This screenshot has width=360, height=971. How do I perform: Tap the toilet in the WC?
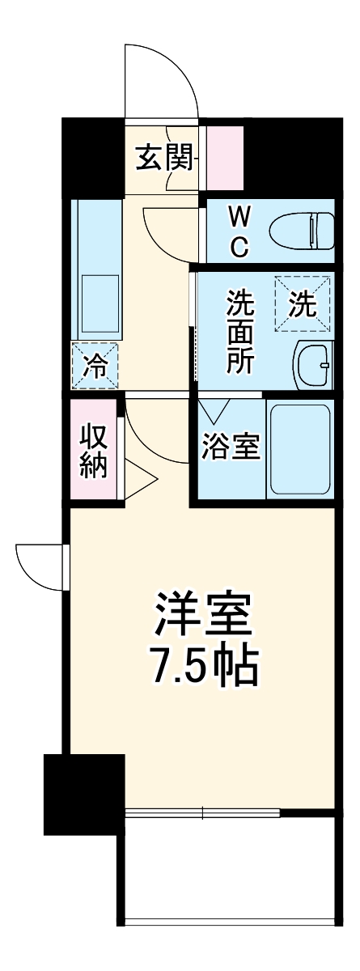click(x=299, y=230)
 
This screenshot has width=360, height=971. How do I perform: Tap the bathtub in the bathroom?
click(x=299, y=449)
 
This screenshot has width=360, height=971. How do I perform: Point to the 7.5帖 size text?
click(x=202, y=668)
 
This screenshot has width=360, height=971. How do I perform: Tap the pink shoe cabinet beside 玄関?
click(x=224, y=159)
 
